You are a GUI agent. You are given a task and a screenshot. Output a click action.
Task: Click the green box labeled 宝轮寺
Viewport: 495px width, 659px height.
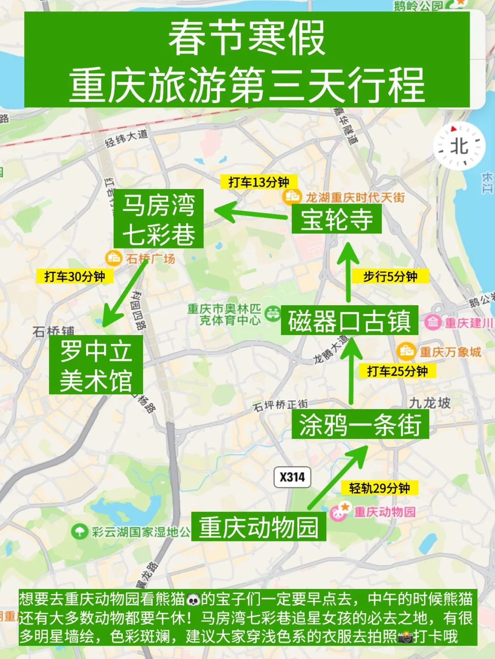click(x=337, y=219)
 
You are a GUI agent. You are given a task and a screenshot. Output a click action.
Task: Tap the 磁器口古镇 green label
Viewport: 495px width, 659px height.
click(x=349, y=320)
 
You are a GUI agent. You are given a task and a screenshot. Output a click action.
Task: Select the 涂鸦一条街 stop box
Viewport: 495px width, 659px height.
click(x=360, y=424)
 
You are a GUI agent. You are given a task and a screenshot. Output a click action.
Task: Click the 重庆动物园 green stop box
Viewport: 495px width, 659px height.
click(x=259, y=527)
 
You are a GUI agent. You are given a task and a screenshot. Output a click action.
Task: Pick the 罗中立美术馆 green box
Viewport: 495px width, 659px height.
click(x=96, y=365)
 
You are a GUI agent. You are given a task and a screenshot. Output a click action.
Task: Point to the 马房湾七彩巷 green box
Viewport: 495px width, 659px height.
click(x=159, y=219)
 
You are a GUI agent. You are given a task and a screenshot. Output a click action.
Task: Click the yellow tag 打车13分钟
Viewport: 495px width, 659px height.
click(x=259, y=182)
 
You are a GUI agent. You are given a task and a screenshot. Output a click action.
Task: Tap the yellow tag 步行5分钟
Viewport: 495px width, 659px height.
click(x=390, y=276)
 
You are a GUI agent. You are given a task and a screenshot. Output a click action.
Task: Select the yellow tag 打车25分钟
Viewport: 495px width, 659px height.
click(x=397, y=371)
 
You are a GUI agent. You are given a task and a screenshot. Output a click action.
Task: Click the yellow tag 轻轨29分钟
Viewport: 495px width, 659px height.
click(x=379, y=488)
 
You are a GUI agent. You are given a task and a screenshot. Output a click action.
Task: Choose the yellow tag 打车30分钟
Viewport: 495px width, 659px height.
click(x=75, y=276)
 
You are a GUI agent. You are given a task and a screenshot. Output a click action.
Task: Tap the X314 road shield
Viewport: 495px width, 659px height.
click(x=292, y=477)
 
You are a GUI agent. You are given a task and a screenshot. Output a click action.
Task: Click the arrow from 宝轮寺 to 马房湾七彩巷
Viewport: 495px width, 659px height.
click(x=250, y=212)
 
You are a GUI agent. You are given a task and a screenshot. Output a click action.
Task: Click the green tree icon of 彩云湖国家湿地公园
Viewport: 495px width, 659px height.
click(x=80, y=532)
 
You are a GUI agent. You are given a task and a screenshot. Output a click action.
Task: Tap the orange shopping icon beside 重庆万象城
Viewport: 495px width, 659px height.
click(x=406, y=351)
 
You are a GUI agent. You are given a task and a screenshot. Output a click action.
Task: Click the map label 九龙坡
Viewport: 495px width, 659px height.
click(x=430, y=403)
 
